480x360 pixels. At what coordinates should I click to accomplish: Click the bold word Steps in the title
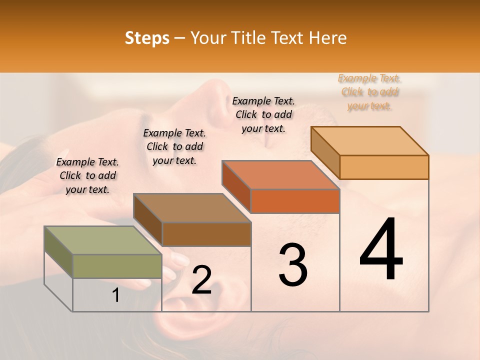tap(147, 38)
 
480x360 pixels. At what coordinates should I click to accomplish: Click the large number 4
tap(381, 250)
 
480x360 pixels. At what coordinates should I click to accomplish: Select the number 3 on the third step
tap(293, 265)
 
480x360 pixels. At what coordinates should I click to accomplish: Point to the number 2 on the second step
tap(201, 280)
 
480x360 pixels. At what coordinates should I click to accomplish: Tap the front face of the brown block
tap(206, 234)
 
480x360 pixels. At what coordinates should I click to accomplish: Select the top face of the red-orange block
tap(280, 175)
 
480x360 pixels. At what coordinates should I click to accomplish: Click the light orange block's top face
tap(369, 140)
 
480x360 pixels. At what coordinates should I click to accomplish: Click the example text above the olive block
tap(87, 175)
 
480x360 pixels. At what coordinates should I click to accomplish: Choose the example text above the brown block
tap(174, 146)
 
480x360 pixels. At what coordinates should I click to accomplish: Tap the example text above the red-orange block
tap(263, 114)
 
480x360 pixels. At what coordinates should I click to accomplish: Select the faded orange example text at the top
tap(369, 91)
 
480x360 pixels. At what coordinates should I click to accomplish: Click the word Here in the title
tap(328, 38)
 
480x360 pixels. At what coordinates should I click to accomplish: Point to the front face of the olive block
tap(117, 266)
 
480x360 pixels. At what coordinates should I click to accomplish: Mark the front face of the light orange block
tap(384, 167)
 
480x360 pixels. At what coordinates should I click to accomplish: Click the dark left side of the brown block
tap(147, 219)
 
